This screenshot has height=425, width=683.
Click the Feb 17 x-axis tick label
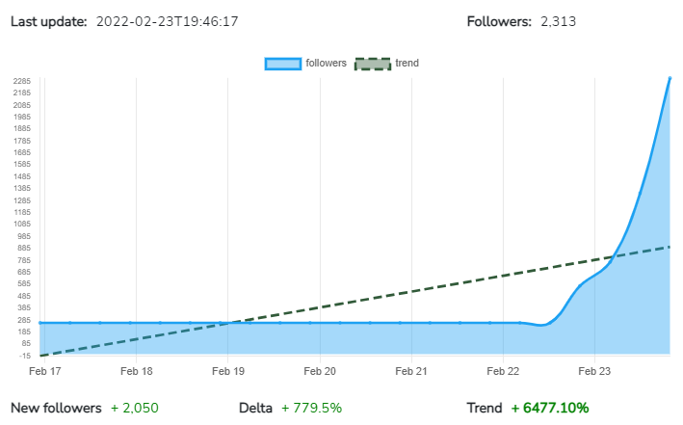coord(44,370)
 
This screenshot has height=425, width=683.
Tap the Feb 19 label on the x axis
coord(227,370)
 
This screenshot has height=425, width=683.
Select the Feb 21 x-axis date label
coord(411,370)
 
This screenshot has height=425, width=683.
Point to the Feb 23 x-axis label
coord(594,370)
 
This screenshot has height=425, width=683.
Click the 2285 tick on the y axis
coord(23,81)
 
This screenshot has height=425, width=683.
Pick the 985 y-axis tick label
coord(25,236)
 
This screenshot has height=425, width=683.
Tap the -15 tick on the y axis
coord(26,356)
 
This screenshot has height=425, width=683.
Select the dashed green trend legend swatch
coord(373,64)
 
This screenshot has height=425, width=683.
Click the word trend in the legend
coord(407,64)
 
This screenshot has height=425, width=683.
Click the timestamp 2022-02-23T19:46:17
coord(168,20)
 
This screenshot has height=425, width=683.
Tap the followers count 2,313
coord(558,20)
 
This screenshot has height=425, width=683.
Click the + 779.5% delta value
coord(311,408)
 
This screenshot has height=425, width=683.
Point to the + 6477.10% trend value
coord(550,408)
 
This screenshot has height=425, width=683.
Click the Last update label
coord(48,20)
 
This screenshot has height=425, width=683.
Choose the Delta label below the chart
coord(256,408)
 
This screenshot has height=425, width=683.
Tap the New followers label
coord(56,408)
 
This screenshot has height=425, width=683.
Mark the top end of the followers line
coord(670,78)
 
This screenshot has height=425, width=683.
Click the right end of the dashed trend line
coord(670,247)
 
